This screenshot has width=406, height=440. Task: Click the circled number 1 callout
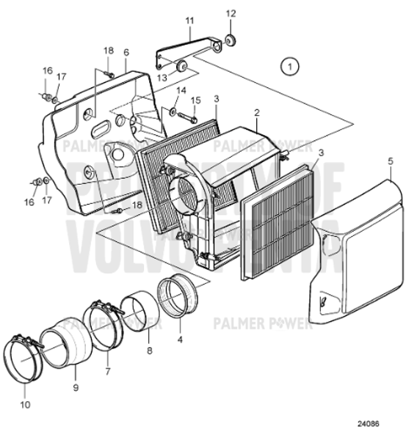tap(290, 66)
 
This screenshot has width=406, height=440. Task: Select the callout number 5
tap(391, 160)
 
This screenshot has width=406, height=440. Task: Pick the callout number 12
tap(231, 14)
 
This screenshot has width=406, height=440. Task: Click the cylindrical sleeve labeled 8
tap(137, 311)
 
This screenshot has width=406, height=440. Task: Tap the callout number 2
tap(257, 114)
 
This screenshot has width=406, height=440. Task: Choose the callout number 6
tap(126, 53)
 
